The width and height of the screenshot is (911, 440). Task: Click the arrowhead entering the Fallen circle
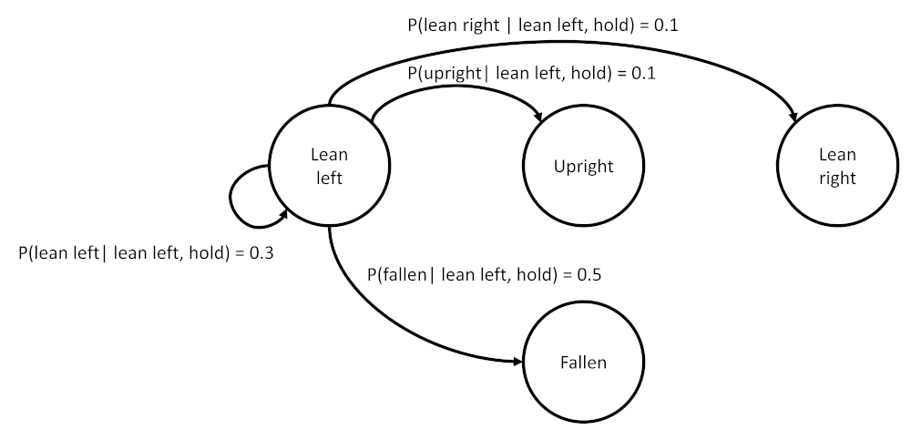click(517, 362)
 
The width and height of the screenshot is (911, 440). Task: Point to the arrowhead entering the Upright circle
click(538, 117)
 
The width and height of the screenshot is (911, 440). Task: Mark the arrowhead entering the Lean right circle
click(793, 117)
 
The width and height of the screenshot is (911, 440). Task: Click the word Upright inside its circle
click(583, 167)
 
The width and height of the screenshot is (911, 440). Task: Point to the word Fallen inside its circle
click(583, 363)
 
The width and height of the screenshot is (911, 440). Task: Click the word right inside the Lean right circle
click(837, 178)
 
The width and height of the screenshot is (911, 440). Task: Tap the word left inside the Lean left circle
click(329, 178)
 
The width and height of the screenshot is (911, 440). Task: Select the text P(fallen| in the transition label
click(401, 274)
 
